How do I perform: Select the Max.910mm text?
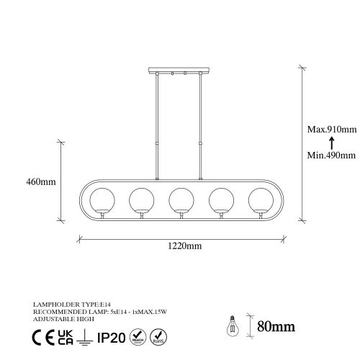point(328,130)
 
